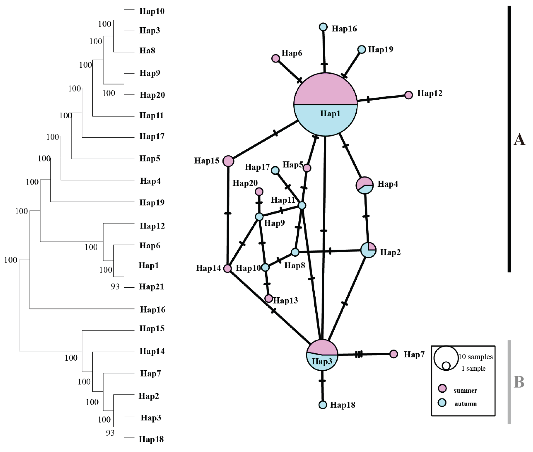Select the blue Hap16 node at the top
tap(323, 27)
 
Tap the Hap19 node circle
tap(362, 49)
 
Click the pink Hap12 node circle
tap(409, 95)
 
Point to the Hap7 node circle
tap(394, 354)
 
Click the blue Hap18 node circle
tap(323, 405)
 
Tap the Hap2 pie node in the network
tap(368, 250)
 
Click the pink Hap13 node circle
tap(268, 298)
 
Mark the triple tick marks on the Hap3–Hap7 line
tap(359, 355)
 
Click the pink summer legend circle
tap(442, 388)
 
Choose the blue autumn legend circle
tap(442, 403)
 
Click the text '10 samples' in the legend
tap(476, 357)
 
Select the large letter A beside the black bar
tap(519, 140)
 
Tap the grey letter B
tap(519, 382)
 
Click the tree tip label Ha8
tap(147, 50)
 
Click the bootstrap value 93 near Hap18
tap(110, 433)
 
